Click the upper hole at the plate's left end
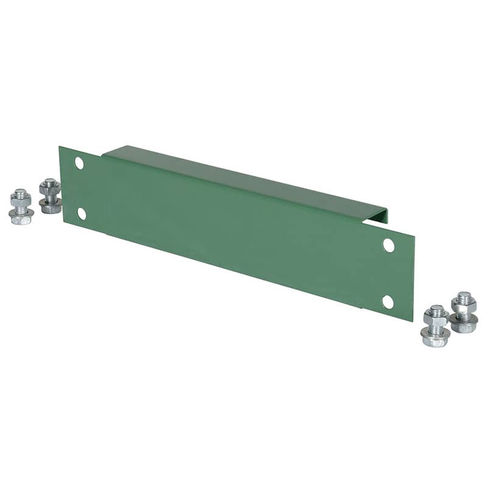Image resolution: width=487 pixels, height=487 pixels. [x=79, y=163]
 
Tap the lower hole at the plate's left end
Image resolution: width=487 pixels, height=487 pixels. [x=82, y=213]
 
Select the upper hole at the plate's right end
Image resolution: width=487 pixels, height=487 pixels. [x=388, y=245]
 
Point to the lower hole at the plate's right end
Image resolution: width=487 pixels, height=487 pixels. [x=388, y=301]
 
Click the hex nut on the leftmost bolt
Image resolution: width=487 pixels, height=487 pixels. [x=21, y=201]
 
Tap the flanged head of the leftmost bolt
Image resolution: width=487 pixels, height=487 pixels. [x=21, y=218]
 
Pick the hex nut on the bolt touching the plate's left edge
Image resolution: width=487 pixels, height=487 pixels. [x=50, y=189]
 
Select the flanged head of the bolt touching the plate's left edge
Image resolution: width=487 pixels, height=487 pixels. [x=51, y=207]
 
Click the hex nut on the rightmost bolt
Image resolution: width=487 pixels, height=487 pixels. [x=464, y=308]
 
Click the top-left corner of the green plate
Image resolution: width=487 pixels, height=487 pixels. [x=60, y=147]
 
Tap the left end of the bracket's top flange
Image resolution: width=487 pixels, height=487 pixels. [x=113, y=150]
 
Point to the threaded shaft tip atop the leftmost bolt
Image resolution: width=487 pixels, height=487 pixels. [x=20, y=192]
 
